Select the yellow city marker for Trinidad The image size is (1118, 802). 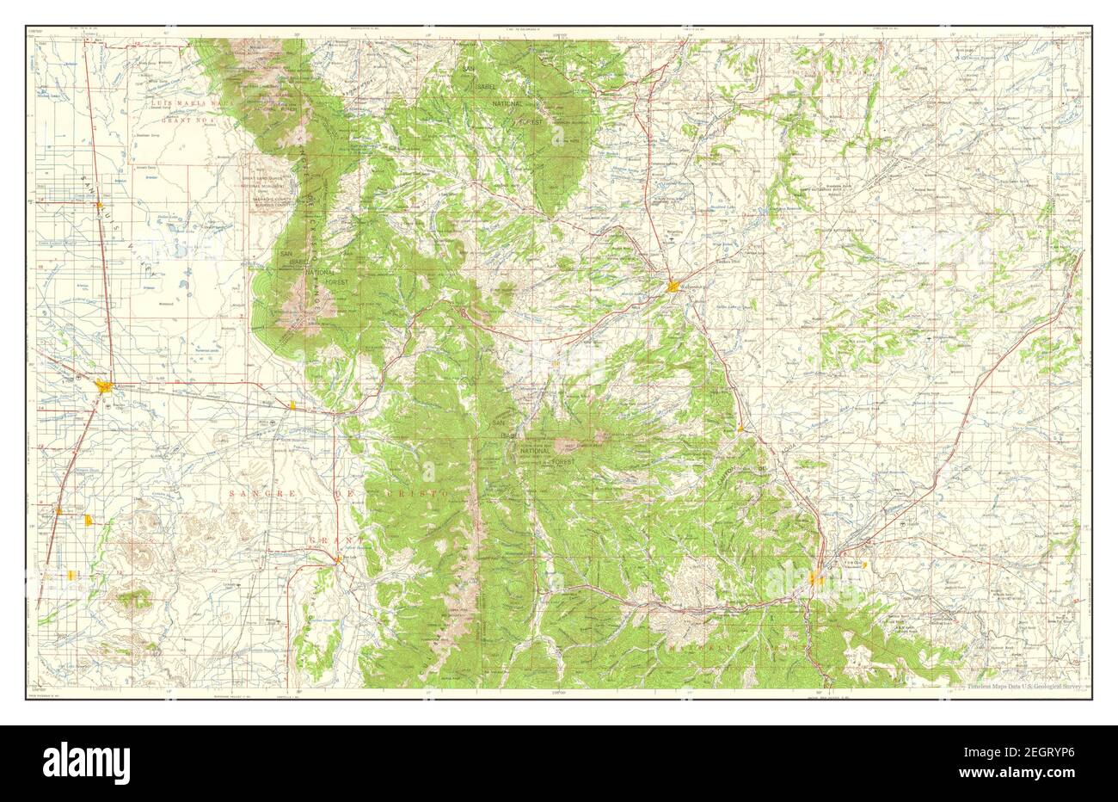816,579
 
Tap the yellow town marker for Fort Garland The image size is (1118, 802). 294,404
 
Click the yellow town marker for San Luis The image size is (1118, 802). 339,559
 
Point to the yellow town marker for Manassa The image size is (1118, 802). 90,521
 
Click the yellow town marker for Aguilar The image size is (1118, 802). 740,427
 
